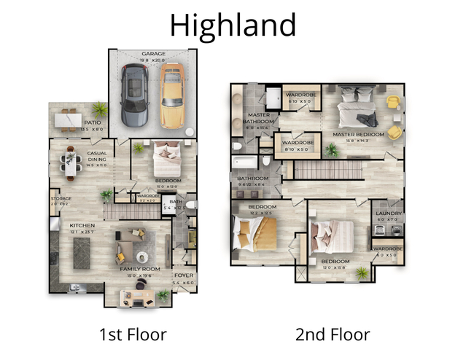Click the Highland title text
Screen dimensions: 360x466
(x=233, y=24)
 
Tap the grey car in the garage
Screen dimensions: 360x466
(x=134, y=94)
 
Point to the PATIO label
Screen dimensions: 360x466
(x=93, y=123)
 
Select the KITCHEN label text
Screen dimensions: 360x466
(x=82, y=226)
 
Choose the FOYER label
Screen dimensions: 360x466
(x=183, y=275)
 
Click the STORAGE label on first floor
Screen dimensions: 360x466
(x=59, y=199)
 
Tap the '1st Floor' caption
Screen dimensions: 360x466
(x=133, y=335)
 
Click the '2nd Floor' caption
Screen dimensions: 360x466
(x=333, y=335)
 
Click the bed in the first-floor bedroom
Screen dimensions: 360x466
(x=167, y=155)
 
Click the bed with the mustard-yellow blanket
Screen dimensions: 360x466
(x=255, y=232)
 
